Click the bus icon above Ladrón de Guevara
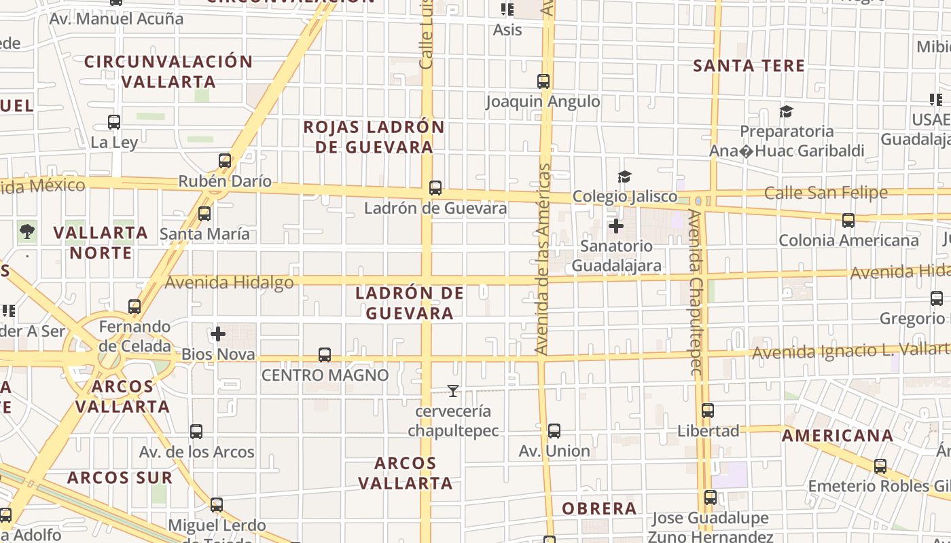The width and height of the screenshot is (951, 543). (x=435, y=188)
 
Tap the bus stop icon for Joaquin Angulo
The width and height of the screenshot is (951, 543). (x=543, y=81)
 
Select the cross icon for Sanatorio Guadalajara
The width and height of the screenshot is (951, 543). (x=616, y=225)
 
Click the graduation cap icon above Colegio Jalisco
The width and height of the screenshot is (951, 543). (x=624, y=177)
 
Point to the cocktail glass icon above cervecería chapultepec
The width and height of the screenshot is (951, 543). (x=453, y=391)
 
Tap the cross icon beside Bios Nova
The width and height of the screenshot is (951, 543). (x=218, y=334)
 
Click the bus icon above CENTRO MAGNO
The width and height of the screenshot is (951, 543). (x=325, y=355)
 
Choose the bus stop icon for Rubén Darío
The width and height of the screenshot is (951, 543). (x=225, y=162)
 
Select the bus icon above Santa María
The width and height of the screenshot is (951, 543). (x=204, y=214)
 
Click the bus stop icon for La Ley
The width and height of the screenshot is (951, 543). (x=114, y=123)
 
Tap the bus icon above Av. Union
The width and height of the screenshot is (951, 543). (x=554, y=431)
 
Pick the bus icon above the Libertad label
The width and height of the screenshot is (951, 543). (x=708, y=411)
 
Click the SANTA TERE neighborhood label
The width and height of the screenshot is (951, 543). (x=749, y=66)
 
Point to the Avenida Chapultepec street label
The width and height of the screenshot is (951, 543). (x=696, y=292)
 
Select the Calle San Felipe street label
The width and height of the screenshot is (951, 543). (x=825, y=193)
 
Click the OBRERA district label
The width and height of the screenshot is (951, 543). (x=599, y=508)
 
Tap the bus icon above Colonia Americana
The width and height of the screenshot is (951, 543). (x=848, y=221)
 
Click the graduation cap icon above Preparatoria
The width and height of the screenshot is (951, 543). (x=786, y=111)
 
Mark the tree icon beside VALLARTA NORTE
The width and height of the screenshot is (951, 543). (x=27, y=232)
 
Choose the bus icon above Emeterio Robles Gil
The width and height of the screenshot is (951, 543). (x=880, y=466)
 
